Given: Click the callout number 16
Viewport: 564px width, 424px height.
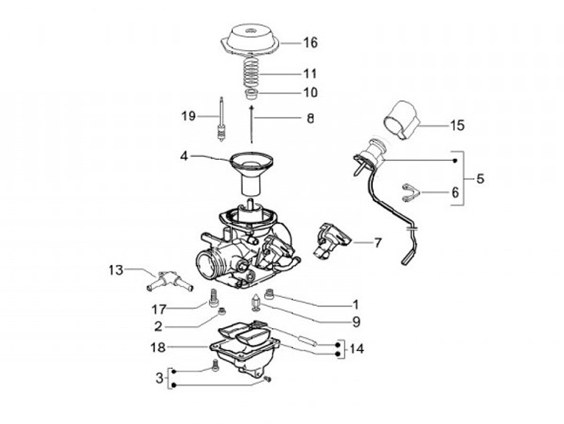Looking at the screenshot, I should [x=311, y=42].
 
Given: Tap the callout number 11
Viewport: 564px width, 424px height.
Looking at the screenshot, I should [x=311, y=74].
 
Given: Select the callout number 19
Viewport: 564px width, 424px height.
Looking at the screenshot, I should [x=187, y=116].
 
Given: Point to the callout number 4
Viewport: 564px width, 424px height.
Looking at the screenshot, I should [x=184, y=156].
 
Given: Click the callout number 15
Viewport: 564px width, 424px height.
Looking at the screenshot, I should [x=479, y=178].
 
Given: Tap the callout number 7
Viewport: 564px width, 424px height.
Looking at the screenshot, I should [x=378, y=243].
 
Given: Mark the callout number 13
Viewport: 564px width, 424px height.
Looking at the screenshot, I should [x=116, y=270].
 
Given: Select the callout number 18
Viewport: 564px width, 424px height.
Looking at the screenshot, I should [x=157, y=346].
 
